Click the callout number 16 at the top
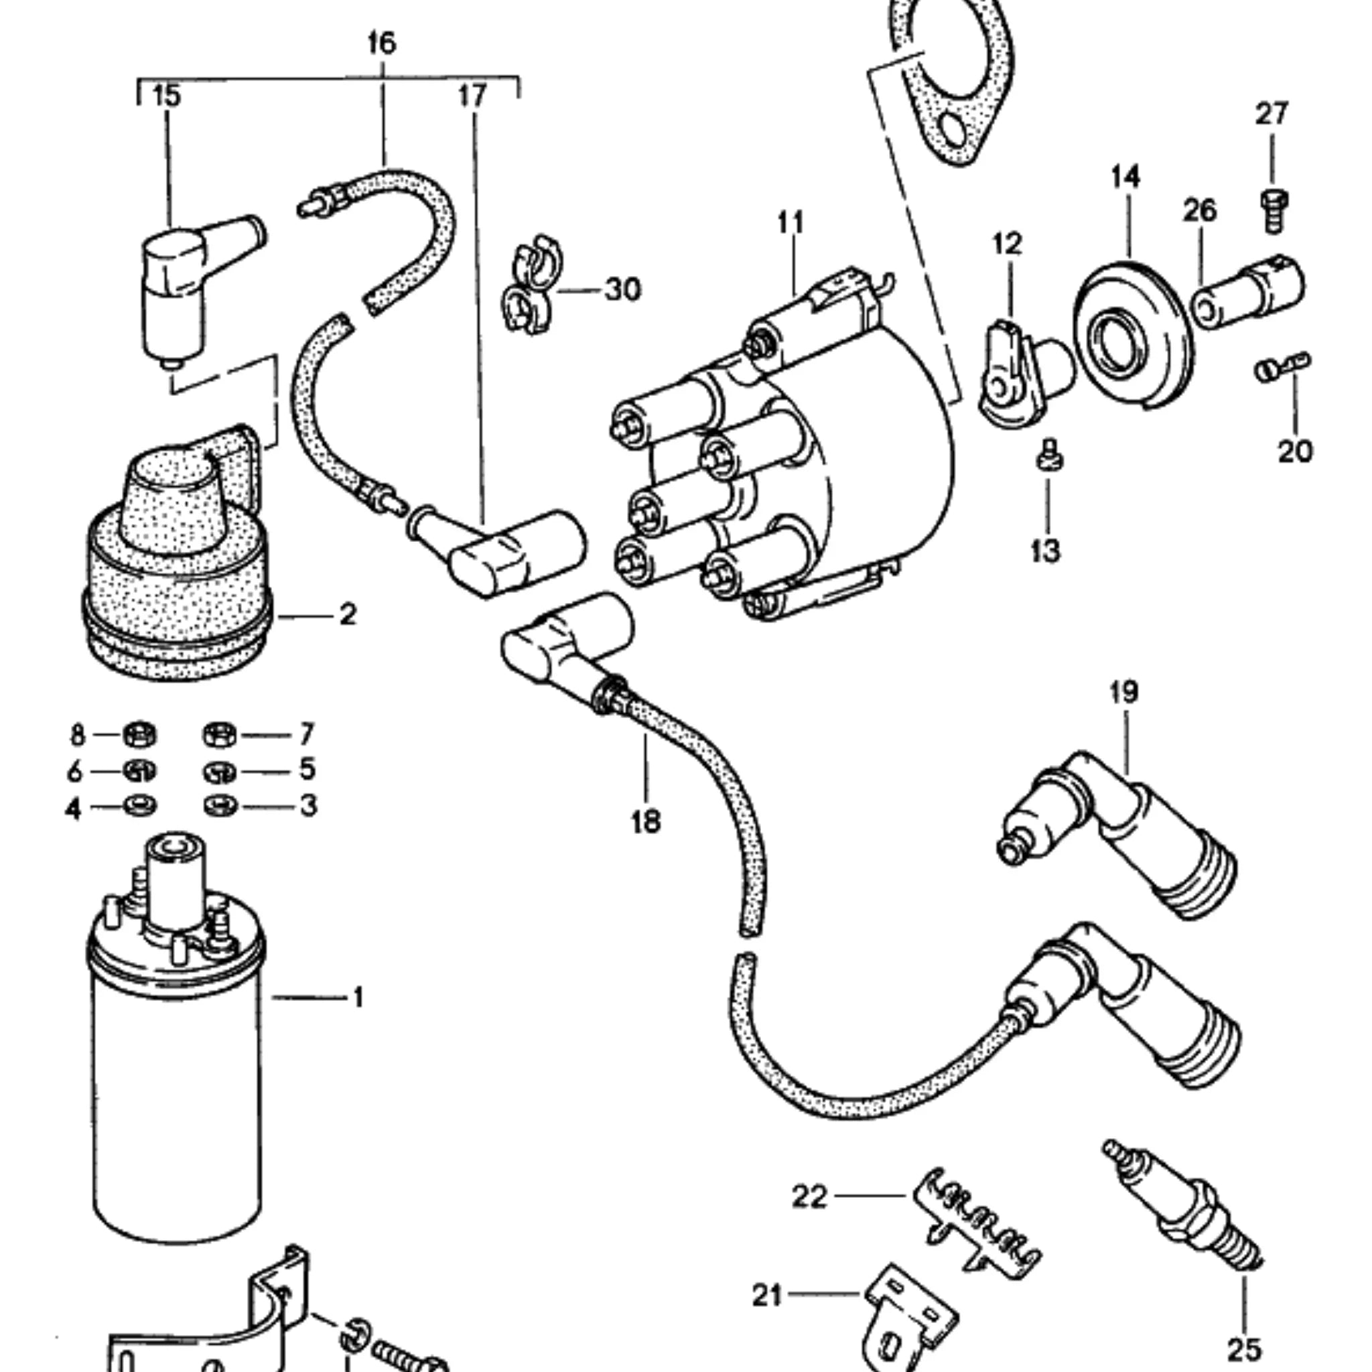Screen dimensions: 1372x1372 click(381, 44)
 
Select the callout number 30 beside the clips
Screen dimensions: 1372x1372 click(622, 289)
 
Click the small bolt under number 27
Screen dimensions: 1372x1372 click(1275, 210)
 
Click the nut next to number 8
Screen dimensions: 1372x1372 click(140, 734)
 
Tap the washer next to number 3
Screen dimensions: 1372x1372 click(220, 806)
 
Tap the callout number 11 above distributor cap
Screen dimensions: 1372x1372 click(791, 223)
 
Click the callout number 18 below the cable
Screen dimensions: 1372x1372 click(646, 821)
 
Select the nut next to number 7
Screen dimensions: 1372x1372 click(220, 734)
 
